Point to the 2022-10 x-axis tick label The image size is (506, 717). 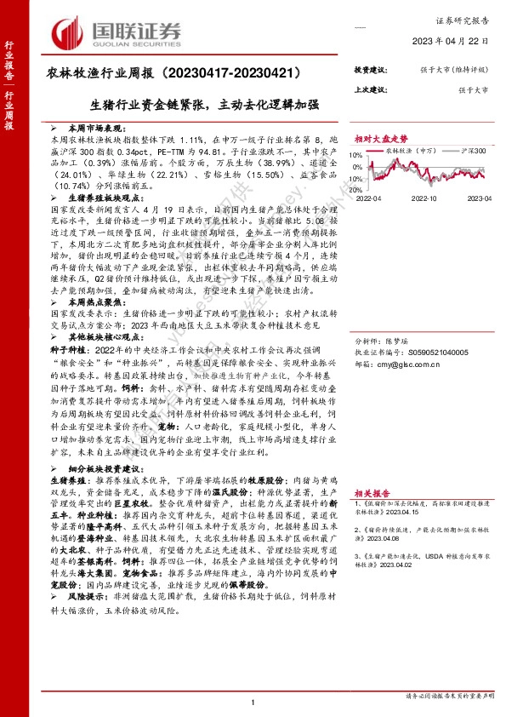(424, 198)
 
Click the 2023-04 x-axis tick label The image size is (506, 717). (479, 198)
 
